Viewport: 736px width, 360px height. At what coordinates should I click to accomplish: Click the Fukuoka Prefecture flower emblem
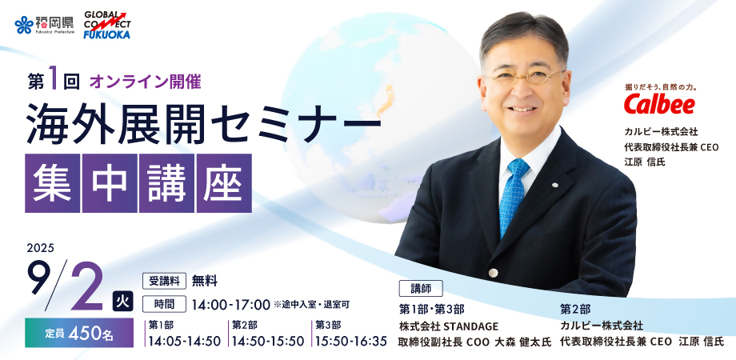(23, 25)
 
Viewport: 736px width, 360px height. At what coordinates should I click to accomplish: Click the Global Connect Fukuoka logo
(107, 25)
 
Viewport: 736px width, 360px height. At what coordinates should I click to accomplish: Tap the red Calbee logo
(659, 104)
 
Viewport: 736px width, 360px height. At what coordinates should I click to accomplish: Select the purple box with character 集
(52, 183)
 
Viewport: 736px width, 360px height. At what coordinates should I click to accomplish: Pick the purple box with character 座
(224, 183)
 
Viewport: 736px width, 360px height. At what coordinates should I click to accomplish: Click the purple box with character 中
(110, 183)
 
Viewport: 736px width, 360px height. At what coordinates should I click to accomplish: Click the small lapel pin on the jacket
(555, 185)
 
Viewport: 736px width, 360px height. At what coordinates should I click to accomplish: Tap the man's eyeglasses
(524, 78)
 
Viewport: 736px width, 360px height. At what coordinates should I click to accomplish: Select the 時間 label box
(164, 304)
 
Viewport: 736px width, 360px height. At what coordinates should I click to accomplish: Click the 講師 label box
(421, 289)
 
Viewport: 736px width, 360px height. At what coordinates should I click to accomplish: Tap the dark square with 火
(123, 302)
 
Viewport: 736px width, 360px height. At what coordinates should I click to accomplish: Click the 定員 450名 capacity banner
(79, 334)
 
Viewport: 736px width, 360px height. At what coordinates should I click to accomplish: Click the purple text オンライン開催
(145, 82)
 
